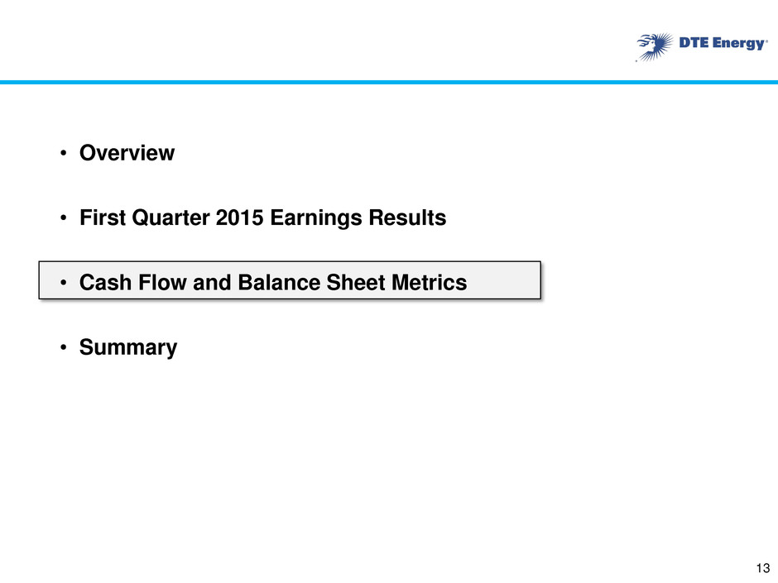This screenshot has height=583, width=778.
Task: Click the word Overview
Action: pyautogui.click(x=127, y=153)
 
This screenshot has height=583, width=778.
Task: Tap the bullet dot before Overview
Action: pyautogui.click(x=63, y=153)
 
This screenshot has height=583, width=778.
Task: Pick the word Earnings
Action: pyautogui.click(x=316, y=218)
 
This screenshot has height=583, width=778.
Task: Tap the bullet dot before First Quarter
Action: pyautogui.click(x=63, y=218)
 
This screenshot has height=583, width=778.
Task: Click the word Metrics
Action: pyautogui.click(x=430, y=283)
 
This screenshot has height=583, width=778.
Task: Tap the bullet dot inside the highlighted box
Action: pyautogui.click(x=63, y=283)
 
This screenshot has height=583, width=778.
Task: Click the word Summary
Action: pyautogui.click(x=128, y=348)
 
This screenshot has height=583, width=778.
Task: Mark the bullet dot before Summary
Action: pyautogui.click(x=63, y=348)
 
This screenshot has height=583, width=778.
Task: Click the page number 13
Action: pyautogui.click(x=763, y=568)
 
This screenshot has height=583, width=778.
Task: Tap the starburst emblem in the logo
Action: pyautogui.click(x=655, y=47)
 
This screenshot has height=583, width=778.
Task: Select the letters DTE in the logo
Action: pyautogui.click(x=694, y=43)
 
